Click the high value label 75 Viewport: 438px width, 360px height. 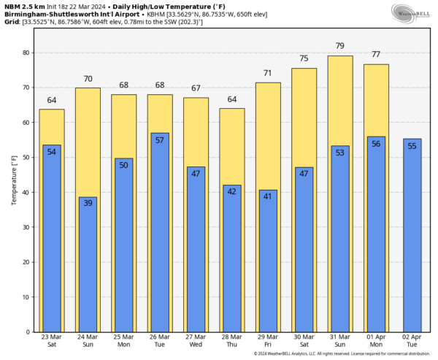304,59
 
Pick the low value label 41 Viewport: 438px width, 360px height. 268,196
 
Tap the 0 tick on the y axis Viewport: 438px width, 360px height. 27,332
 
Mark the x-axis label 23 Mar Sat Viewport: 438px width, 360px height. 51,342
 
